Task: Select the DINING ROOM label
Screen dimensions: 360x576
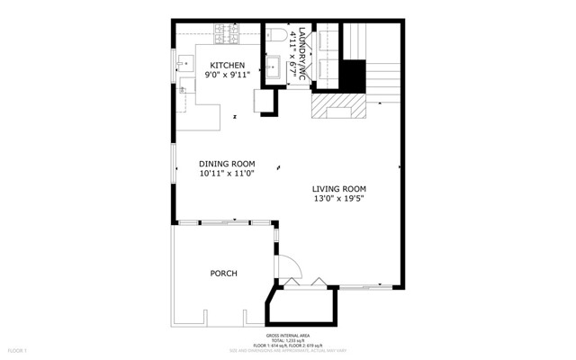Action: (x=227, y=163)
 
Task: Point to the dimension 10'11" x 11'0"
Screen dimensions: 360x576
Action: (x=227, y=174)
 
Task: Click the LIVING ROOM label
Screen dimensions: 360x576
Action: (x=339, y=189)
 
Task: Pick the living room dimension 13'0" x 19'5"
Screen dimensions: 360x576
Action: (x=339, y=200)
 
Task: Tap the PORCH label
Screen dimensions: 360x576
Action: (x=223, y=274)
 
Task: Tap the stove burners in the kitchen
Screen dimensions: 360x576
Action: (x=227, y=34)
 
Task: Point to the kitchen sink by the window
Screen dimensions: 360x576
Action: (x=185, y=63)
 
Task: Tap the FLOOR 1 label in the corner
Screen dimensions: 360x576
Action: (x=19, y=349)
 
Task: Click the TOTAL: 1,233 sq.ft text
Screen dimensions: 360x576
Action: (x=287, y=339)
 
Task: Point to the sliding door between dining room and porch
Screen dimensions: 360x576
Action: (x=220, y=221)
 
